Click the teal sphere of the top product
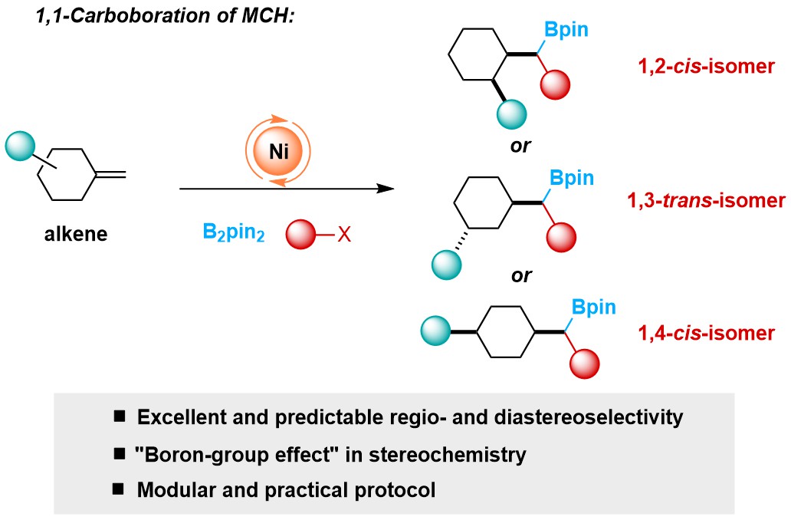pyautogui.click(x=512, y=117)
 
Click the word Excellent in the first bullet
pyautogui.click(x=178, y=418)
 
